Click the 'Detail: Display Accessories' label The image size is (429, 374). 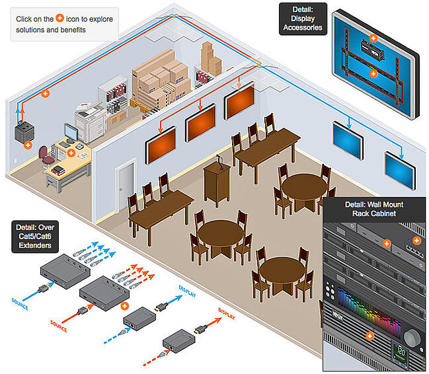(x=301, y=18)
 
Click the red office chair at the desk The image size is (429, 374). (x=44, y=155)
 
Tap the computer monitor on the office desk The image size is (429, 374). (x=71, y=132)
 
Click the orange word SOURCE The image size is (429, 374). (x=59, y=323)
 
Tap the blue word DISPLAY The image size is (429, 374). (x=187, y=288)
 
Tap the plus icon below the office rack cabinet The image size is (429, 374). (x=27, y=144)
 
